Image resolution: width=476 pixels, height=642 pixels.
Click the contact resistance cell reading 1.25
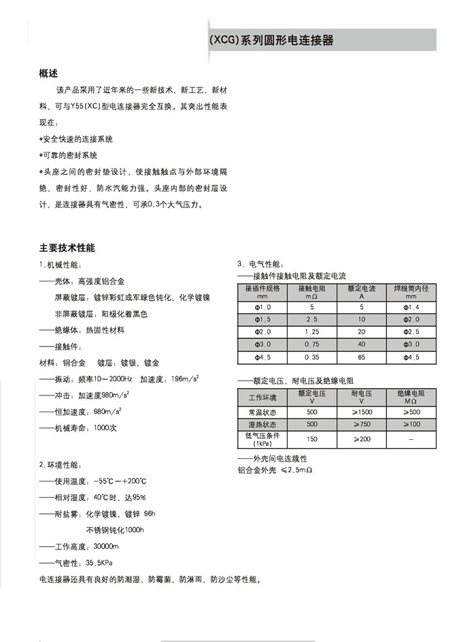[312, 332]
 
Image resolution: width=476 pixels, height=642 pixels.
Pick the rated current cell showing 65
[361, 357]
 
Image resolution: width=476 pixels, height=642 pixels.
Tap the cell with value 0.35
[312, 357]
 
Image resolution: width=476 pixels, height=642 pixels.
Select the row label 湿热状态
[262, 424]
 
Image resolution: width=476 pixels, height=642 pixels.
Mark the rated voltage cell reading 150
[312, 439]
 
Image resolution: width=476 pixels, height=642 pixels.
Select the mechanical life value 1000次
[105, 428]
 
